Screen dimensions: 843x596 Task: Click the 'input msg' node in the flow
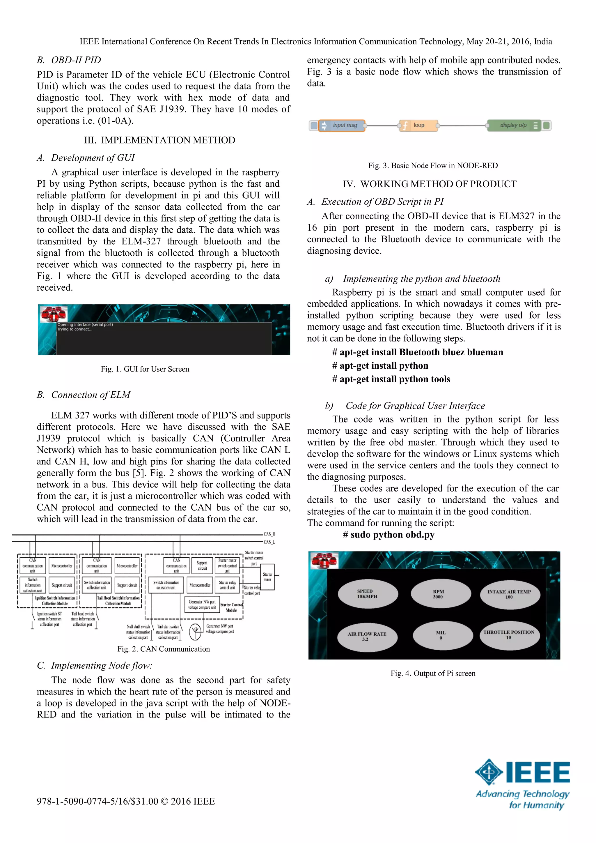342,126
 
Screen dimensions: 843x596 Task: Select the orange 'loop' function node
418,126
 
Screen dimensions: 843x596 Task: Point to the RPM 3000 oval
440,594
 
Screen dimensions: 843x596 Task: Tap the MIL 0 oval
442,635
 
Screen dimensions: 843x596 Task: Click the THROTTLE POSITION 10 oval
509,635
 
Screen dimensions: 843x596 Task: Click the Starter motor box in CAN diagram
267,577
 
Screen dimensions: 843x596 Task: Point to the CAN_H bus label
269,534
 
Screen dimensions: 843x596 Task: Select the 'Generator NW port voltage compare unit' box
202,604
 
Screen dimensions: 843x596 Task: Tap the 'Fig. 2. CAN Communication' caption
164,649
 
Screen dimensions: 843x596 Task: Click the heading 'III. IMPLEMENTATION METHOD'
160,140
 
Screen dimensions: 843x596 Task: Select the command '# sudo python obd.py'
389,535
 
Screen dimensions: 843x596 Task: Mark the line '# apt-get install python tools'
391,379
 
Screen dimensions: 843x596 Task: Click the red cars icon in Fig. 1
54,314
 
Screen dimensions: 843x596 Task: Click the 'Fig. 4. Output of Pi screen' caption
433,673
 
